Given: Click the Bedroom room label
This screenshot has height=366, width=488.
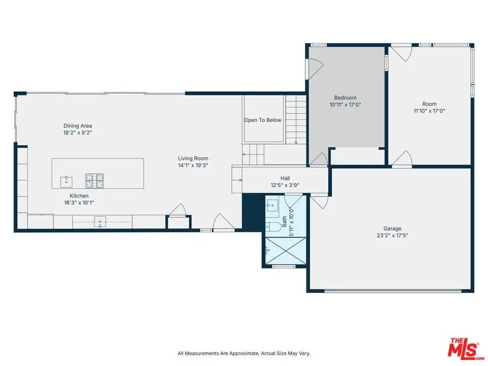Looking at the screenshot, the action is (345, 98).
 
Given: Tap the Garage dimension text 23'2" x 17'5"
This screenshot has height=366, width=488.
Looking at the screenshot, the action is (392, 235).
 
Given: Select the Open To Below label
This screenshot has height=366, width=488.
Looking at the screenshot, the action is (262, 120).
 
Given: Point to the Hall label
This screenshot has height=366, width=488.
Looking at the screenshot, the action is (285, 178).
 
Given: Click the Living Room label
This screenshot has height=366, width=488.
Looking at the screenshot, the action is (193, 159).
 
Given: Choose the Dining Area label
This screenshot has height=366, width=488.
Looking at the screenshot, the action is (77, 126).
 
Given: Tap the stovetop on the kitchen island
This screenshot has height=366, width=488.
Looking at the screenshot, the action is (95, 181).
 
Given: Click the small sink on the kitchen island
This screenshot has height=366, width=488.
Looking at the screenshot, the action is (66, 182).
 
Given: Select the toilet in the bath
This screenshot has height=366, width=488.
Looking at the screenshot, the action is (273, 227).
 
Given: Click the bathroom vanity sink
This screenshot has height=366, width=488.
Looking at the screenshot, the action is (272, 206).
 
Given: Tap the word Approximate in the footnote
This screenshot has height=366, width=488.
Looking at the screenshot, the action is (243, 353).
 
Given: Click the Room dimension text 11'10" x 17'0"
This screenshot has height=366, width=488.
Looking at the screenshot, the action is (429, 111).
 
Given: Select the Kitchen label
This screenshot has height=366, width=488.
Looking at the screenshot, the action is (79, 196).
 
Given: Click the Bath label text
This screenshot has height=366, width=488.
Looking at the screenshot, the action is (284, 222).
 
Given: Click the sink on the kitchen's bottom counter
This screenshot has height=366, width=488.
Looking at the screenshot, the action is (100, 222).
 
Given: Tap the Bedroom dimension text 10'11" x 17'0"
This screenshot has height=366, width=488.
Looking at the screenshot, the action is (345, 105).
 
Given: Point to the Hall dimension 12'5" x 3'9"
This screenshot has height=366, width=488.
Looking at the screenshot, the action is (285, 185).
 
